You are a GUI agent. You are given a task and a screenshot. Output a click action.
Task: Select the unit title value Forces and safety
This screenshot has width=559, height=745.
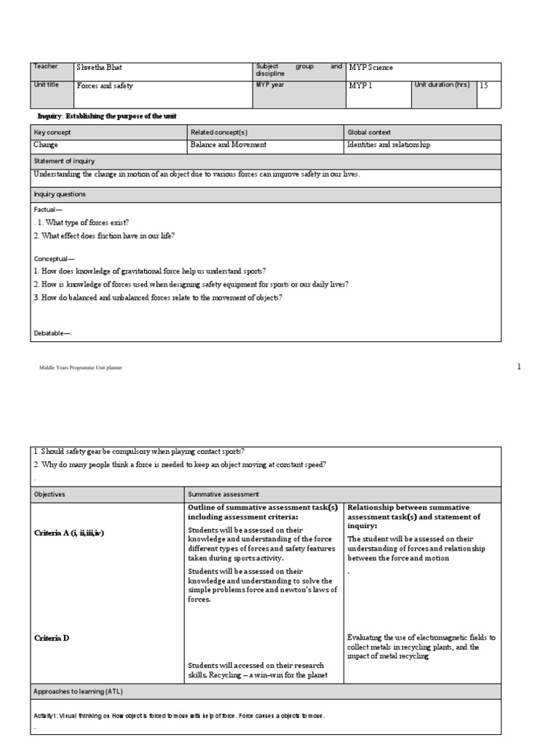[x=106, y=85]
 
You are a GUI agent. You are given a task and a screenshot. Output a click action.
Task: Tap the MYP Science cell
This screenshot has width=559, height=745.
[x=371, y=68]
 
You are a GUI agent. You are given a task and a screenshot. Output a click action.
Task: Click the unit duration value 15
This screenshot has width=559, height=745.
[x=484, y=85]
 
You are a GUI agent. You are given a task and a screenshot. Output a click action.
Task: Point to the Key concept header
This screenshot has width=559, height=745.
[x=52, y=132]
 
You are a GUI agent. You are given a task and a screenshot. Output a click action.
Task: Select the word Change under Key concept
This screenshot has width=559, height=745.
[x=46, y=145]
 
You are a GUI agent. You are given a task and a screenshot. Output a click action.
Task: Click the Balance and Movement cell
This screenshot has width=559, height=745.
[x=229, y=145]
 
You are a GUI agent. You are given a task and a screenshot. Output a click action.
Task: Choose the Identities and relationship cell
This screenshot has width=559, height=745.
[x=389, y=145]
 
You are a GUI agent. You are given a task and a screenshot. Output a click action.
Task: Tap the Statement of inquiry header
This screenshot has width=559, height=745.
[x=64, y=161]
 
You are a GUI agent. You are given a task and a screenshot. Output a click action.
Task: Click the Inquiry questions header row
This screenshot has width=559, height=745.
[x=60, y=194]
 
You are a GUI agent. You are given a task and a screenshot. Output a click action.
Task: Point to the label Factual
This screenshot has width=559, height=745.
[x=49, y=209]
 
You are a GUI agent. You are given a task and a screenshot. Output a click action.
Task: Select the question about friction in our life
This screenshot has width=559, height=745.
[x=104, y=236]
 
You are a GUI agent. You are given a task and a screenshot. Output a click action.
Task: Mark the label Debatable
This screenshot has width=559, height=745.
[x=54, y=333]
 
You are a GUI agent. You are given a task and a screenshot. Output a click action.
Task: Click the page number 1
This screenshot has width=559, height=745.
[x=519, y=367]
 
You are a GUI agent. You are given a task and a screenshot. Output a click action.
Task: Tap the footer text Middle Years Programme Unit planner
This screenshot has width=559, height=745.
[x=81, y=368]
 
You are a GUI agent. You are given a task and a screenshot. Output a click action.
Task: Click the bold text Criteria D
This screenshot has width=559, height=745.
[x=52, y=638]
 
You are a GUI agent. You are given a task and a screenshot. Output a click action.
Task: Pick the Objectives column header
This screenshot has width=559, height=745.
[x=49, y=494]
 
